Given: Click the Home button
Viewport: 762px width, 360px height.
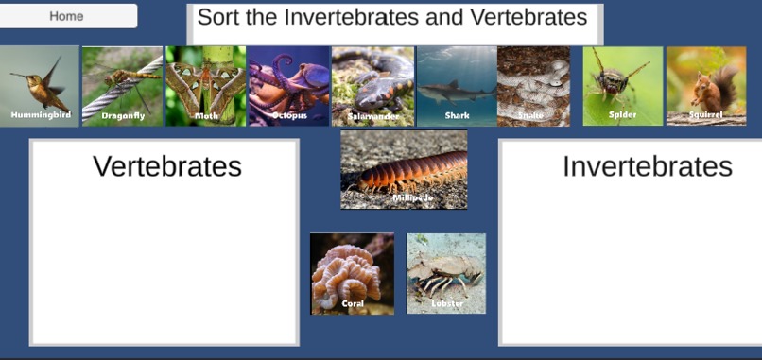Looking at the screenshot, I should pos(67,16).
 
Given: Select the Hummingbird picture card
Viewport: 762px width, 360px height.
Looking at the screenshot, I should pos(40,86).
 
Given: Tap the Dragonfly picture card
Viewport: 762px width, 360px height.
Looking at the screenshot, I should pos(122,86).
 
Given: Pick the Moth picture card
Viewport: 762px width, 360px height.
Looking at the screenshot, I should pos(205,86).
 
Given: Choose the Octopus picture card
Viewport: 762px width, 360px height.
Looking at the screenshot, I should pos(288,86).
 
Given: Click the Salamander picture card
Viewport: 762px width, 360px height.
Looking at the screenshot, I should pos(372,86).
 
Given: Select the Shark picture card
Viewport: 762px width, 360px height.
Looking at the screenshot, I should pos(457,86).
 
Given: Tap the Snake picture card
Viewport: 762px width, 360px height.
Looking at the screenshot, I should pos(533,86).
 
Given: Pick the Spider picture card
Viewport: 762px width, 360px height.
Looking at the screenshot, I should pos(622,86).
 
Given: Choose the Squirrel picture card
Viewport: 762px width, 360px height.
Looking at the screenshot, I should pos(705,86).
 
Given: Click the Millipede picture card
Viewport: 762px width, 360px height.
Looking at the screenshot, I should pos(404,169).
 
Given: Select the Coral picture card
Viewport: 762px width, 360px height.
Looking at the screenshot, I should pos(352,274).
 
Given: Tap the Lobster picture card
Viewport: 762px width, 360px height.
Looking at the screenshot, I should pos(446,274).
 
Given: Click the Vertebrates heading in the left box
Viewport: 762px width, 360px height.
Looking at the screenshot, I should pos(167,166).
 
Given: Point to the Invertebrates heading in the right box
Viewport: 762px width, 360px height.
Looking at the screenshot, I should pos(647,166).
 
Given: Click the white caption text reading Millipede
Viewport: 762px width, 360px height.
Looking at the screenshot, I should pos(412,198).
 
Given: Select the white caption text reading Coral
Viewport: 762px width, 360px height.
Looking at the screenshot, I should pos(353,304).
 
